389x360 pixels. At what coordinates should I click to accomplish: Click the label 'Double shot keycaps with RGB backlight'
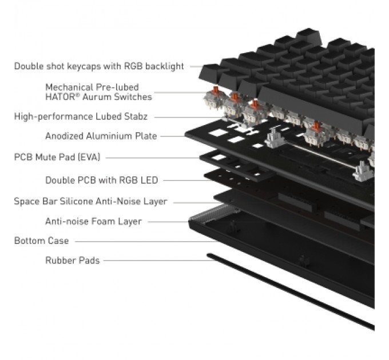pyautogui.click(x=99, y=66)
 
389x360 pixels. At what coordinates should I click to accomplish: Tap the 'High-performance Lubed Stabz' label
pyautogui.click(x=81, y=117)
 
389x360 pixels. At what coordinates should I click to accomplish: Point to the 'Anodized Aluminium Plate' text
pyautogui.click(x=101, y=136)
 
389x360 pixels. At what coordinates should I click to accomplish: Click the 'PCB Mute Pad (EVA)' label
pyautogui.click(x=57, y=157)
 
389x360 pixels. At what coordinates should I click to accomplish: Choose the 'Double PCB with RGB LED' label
pyautogui.click(x=101, y=180)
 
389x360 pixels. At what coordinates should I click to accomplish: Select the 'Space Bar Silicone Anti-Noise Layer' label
pyautogui.click(x=90, y=201)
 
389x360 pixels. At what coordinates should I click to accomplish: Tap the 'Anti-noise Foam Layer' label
pyautogui.click(x=93, y=221)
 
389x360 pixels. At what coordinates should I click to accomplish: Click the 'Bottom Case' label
pyautogui.click(x=41, y=241)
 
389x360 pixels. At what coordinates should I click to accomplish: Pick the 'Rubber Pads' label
pyautogui.click(x=73, y=261)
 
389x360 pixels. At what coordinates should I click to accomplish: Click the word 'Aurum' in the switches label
pyautogui.click(x=97, y=97)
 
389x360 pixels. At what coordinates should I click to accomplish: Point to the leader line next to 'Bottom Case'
pyautogui.click(x=146, y=241)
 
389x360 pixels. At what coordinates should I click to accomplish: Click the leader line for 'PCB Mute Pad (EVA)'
pyautogui.click(x=153, y=158)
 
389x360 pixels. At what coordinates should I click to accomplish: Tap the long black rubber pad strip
pyautogui.click(x=291, y=292)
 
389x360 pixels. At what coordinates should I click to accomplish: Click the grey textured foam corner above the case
pyautogui.click(x=214, y=213)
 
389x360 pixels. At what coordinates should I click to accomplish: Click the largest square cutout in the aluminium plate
pyautogui.click(x=219, y=133)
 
